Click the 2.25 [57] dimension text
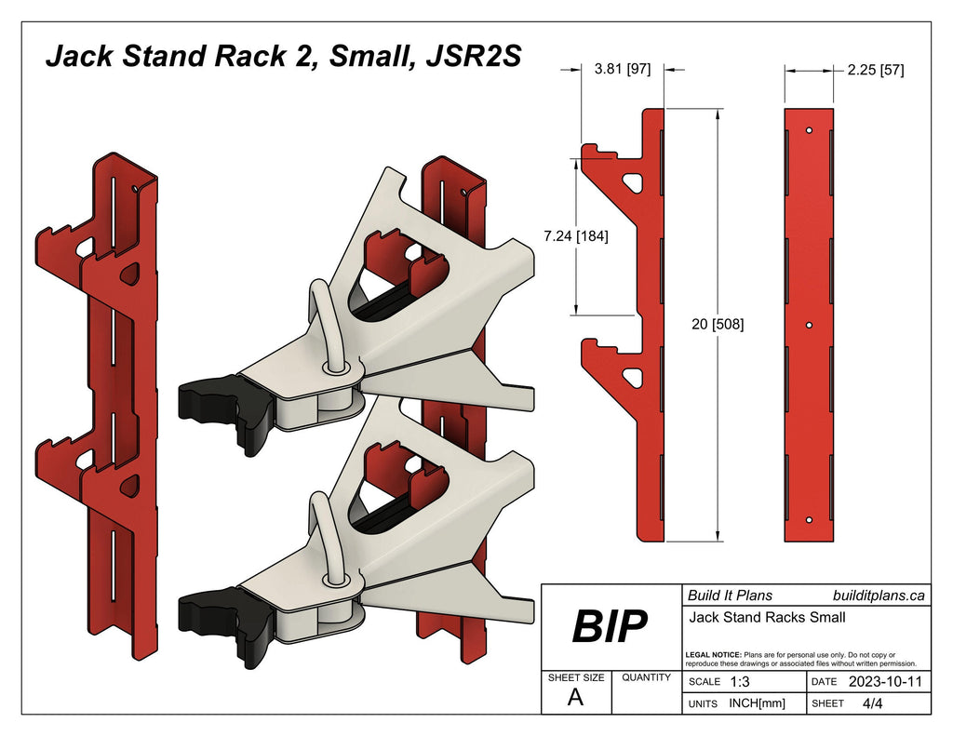point(875,70)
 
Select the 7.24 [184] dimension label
point(576,236)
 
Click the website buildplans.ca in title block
point(877,595)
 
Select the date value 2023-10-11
point(885,681)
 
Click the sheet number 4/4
point(873,703)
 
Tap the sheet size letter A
point(575,699)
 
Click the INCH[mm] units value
point(757,703)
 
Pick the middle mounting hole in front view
point(810,325)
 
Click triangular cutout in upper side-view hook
point(634,181)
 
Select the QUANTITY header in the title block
point(646,677)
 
